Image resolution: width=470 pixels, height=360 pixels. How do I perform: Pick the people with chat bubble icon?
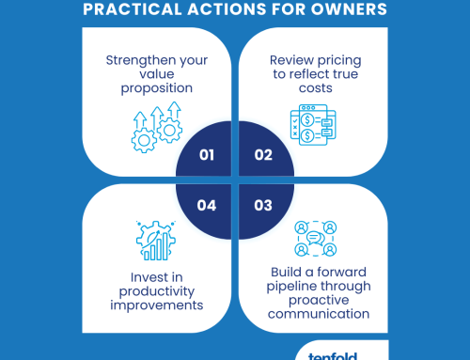pos(313,239)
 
